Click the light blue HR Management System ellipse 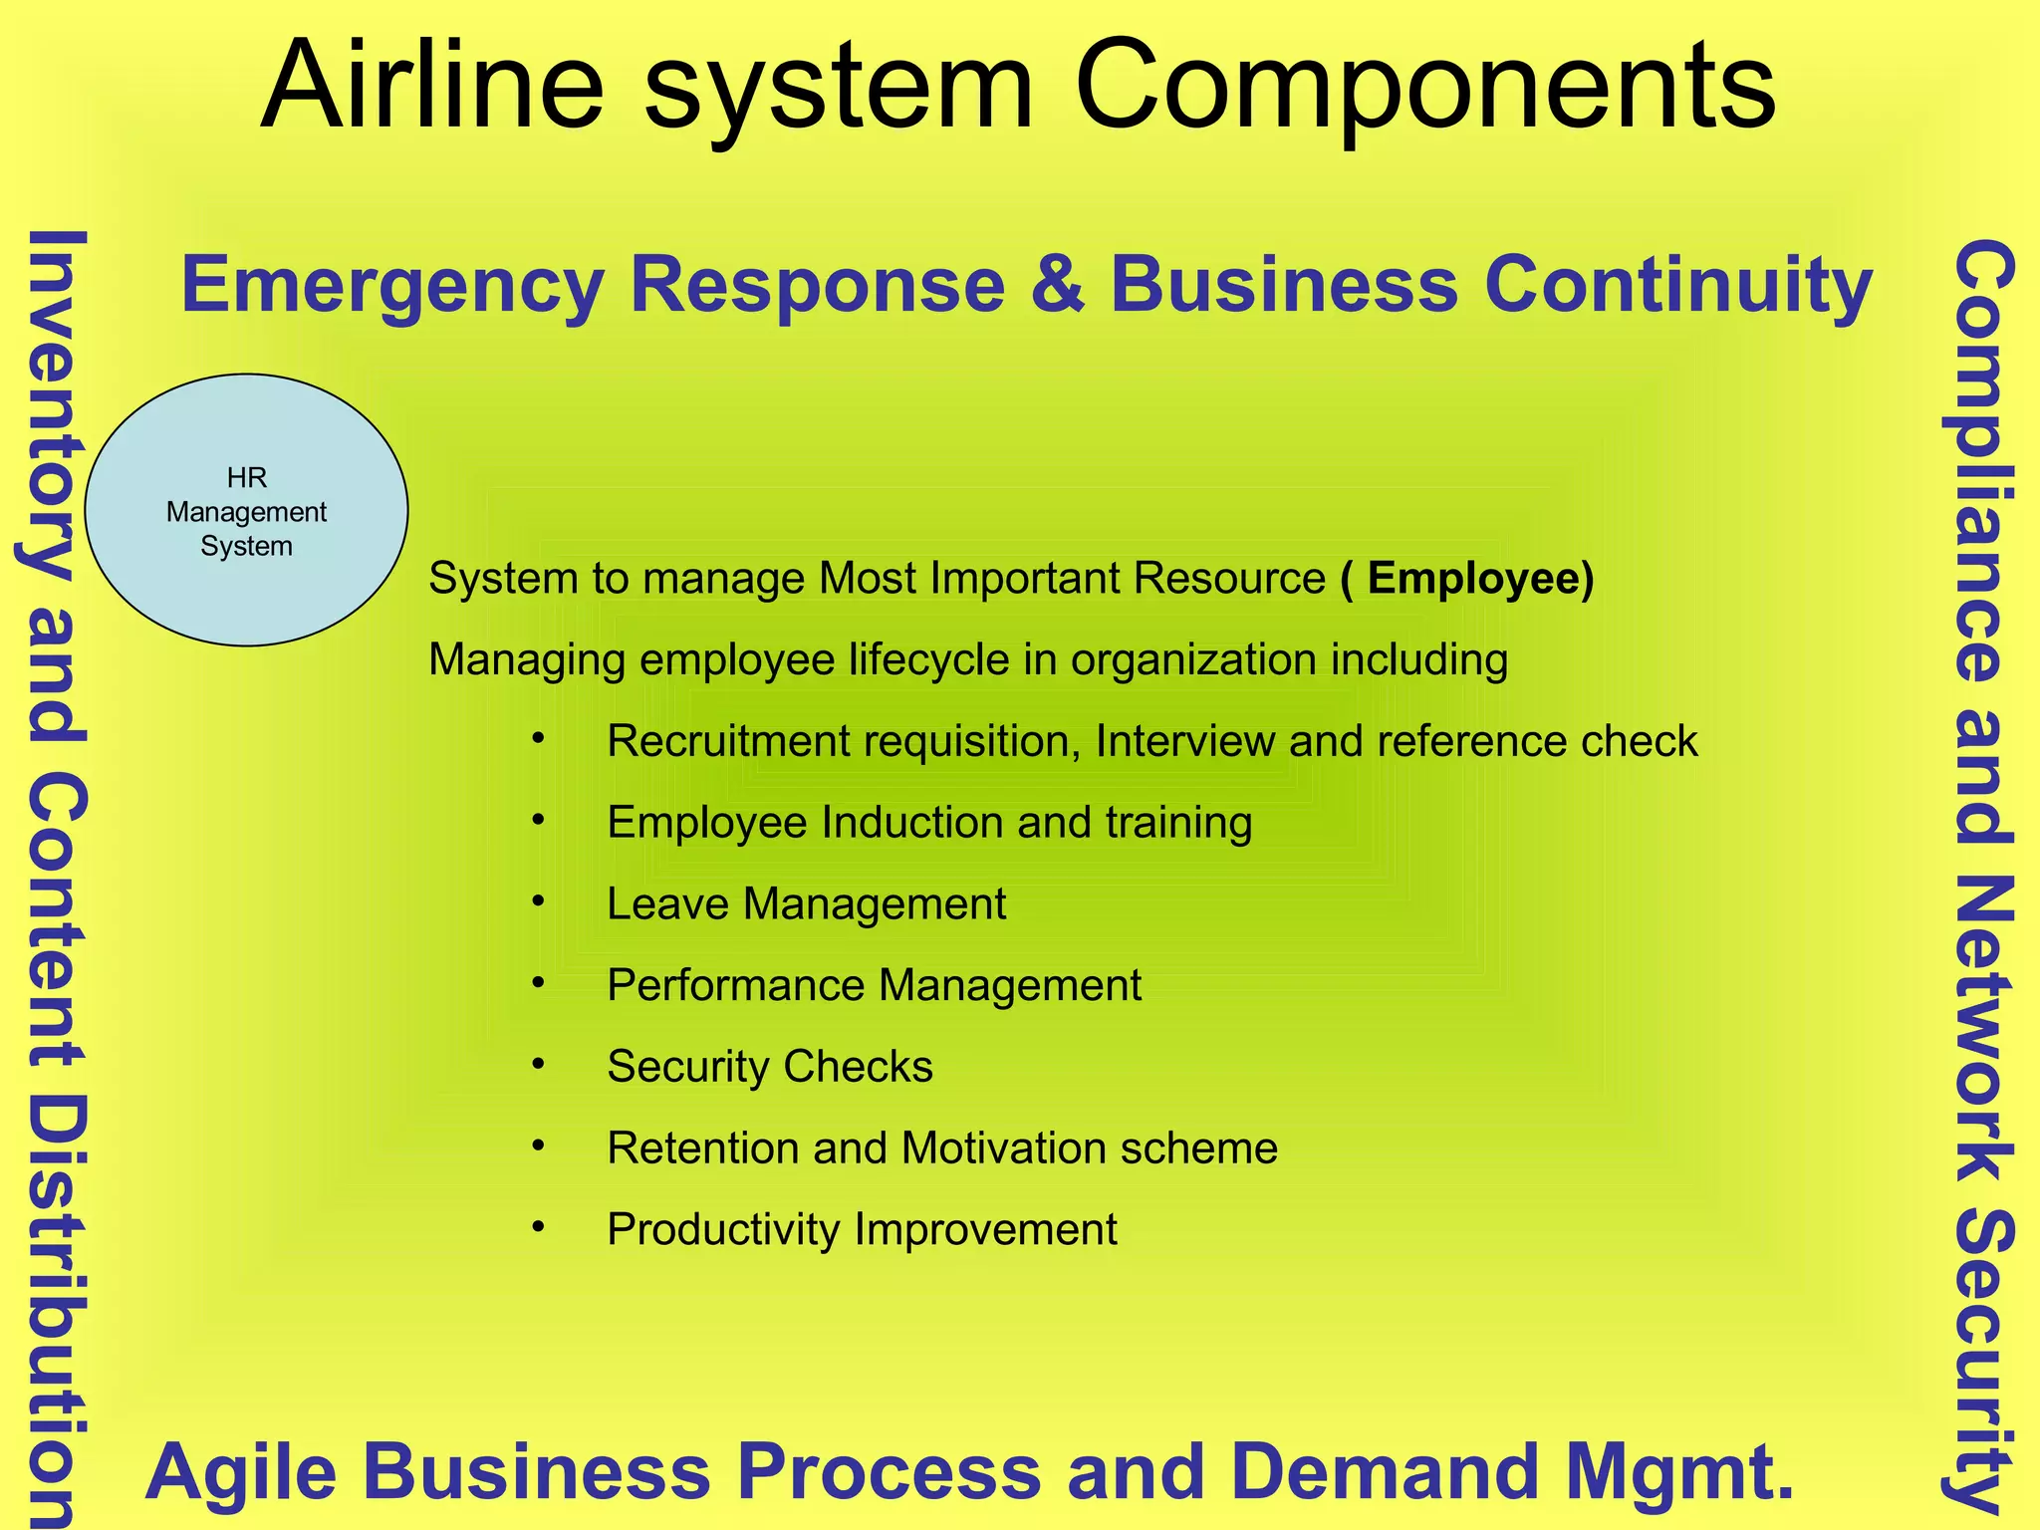click(x=246, y=510)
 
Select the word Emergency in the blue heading click(x=392, y=287)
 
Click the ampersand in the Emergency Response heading click(x=1057, y=285)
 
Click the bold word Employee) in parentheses click(x=1480, y=579)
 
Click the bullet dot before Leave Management click(x=539, y=901)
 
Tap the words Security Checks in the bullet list click(x=770, y=1067)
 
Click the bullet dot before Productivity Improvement click(x=539, y=1227)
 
